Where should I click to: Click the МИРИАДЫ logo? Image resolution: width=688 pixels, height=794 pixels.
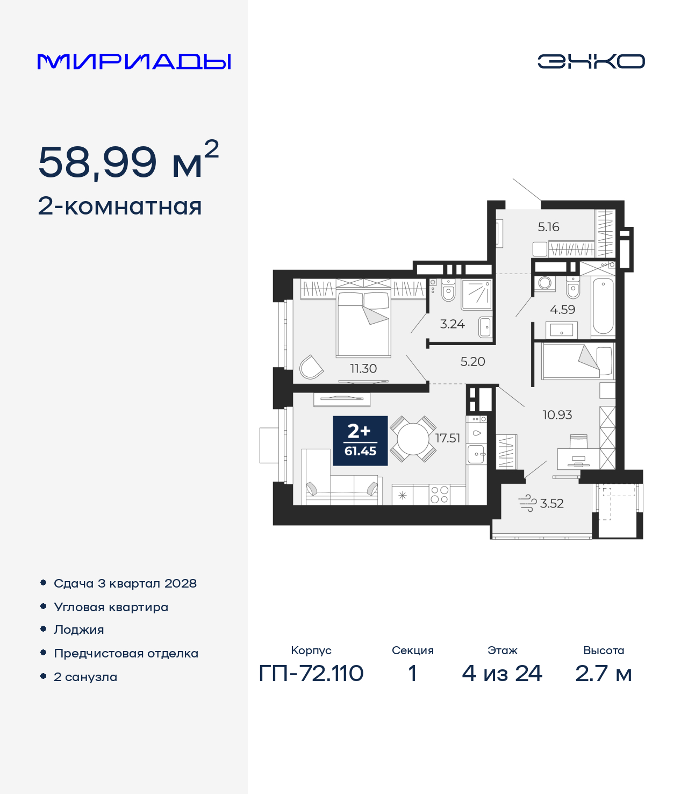pos(134,61)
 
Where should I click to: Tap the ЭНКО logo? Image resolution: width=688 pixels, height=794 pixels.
pos(591,61)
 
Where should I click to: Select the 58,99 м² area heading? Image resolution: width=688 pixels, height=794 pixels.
pos(128,159)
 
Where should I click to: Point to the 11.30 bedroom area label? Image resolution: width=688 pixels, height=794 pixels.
pos(363,368)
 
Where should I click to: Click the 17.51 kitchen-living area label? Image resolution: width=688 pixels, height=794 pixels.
pos(448,438)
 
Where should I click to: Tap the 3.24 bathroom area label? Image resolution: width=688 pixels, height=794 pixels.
pos(452,324)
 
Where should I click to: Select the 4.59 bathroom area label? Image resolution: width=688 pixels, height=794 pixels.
pos(562,309)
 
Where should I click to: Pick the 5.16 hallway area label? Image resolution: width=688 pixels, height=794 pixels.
pos(549,227)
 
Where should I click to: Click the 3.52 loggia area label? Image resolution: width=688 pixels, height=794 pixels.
pos(551,503)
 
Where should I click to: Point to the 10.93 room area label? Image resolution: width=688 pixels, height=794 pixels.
pos(557,415)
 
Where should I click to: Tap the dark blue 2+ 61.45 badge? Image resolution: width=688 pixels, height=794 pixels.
pos(360,441)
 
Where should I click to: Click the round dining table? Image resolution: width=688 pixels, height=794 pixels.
pos(413,439)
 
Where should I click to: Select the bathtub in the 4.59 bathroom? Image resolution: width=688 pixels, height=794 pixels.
pos(603,307)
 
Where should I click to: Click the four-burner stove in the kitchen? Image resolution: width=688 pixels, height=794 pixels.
pos(440,495)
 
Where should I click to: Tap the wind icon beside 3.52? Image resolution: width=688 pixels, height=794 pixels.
pos(527,503)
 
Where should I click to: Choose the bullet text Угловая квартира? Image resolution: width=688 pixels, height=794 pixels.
pos(111,607)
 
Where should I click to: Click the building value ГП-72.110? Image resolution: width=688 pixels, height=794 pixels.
pos(311,674)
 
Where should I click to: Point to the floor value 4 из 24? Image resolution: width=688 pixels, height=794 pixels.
pos(502,674)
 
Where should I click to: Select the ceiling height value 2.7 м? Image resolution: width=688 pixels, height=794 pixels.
pos(604,674)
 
